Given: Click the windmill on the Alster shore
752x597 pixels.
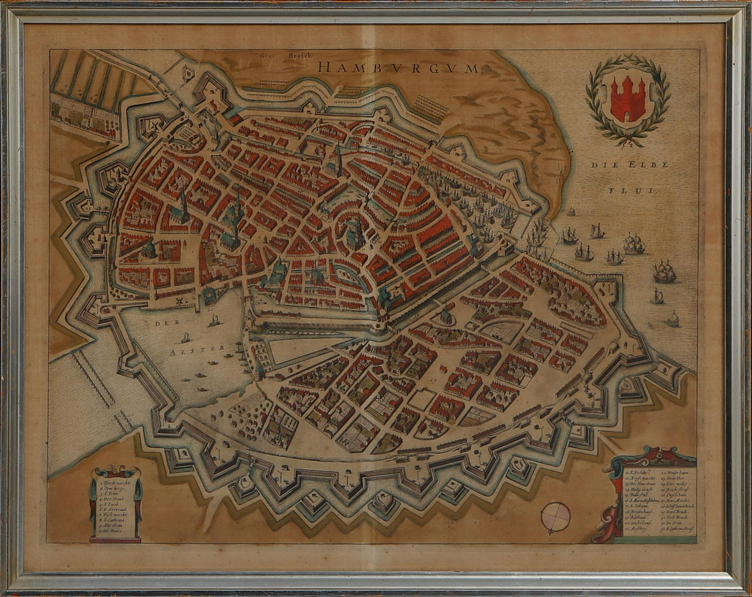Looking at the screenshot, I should (x=177, y=300).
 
